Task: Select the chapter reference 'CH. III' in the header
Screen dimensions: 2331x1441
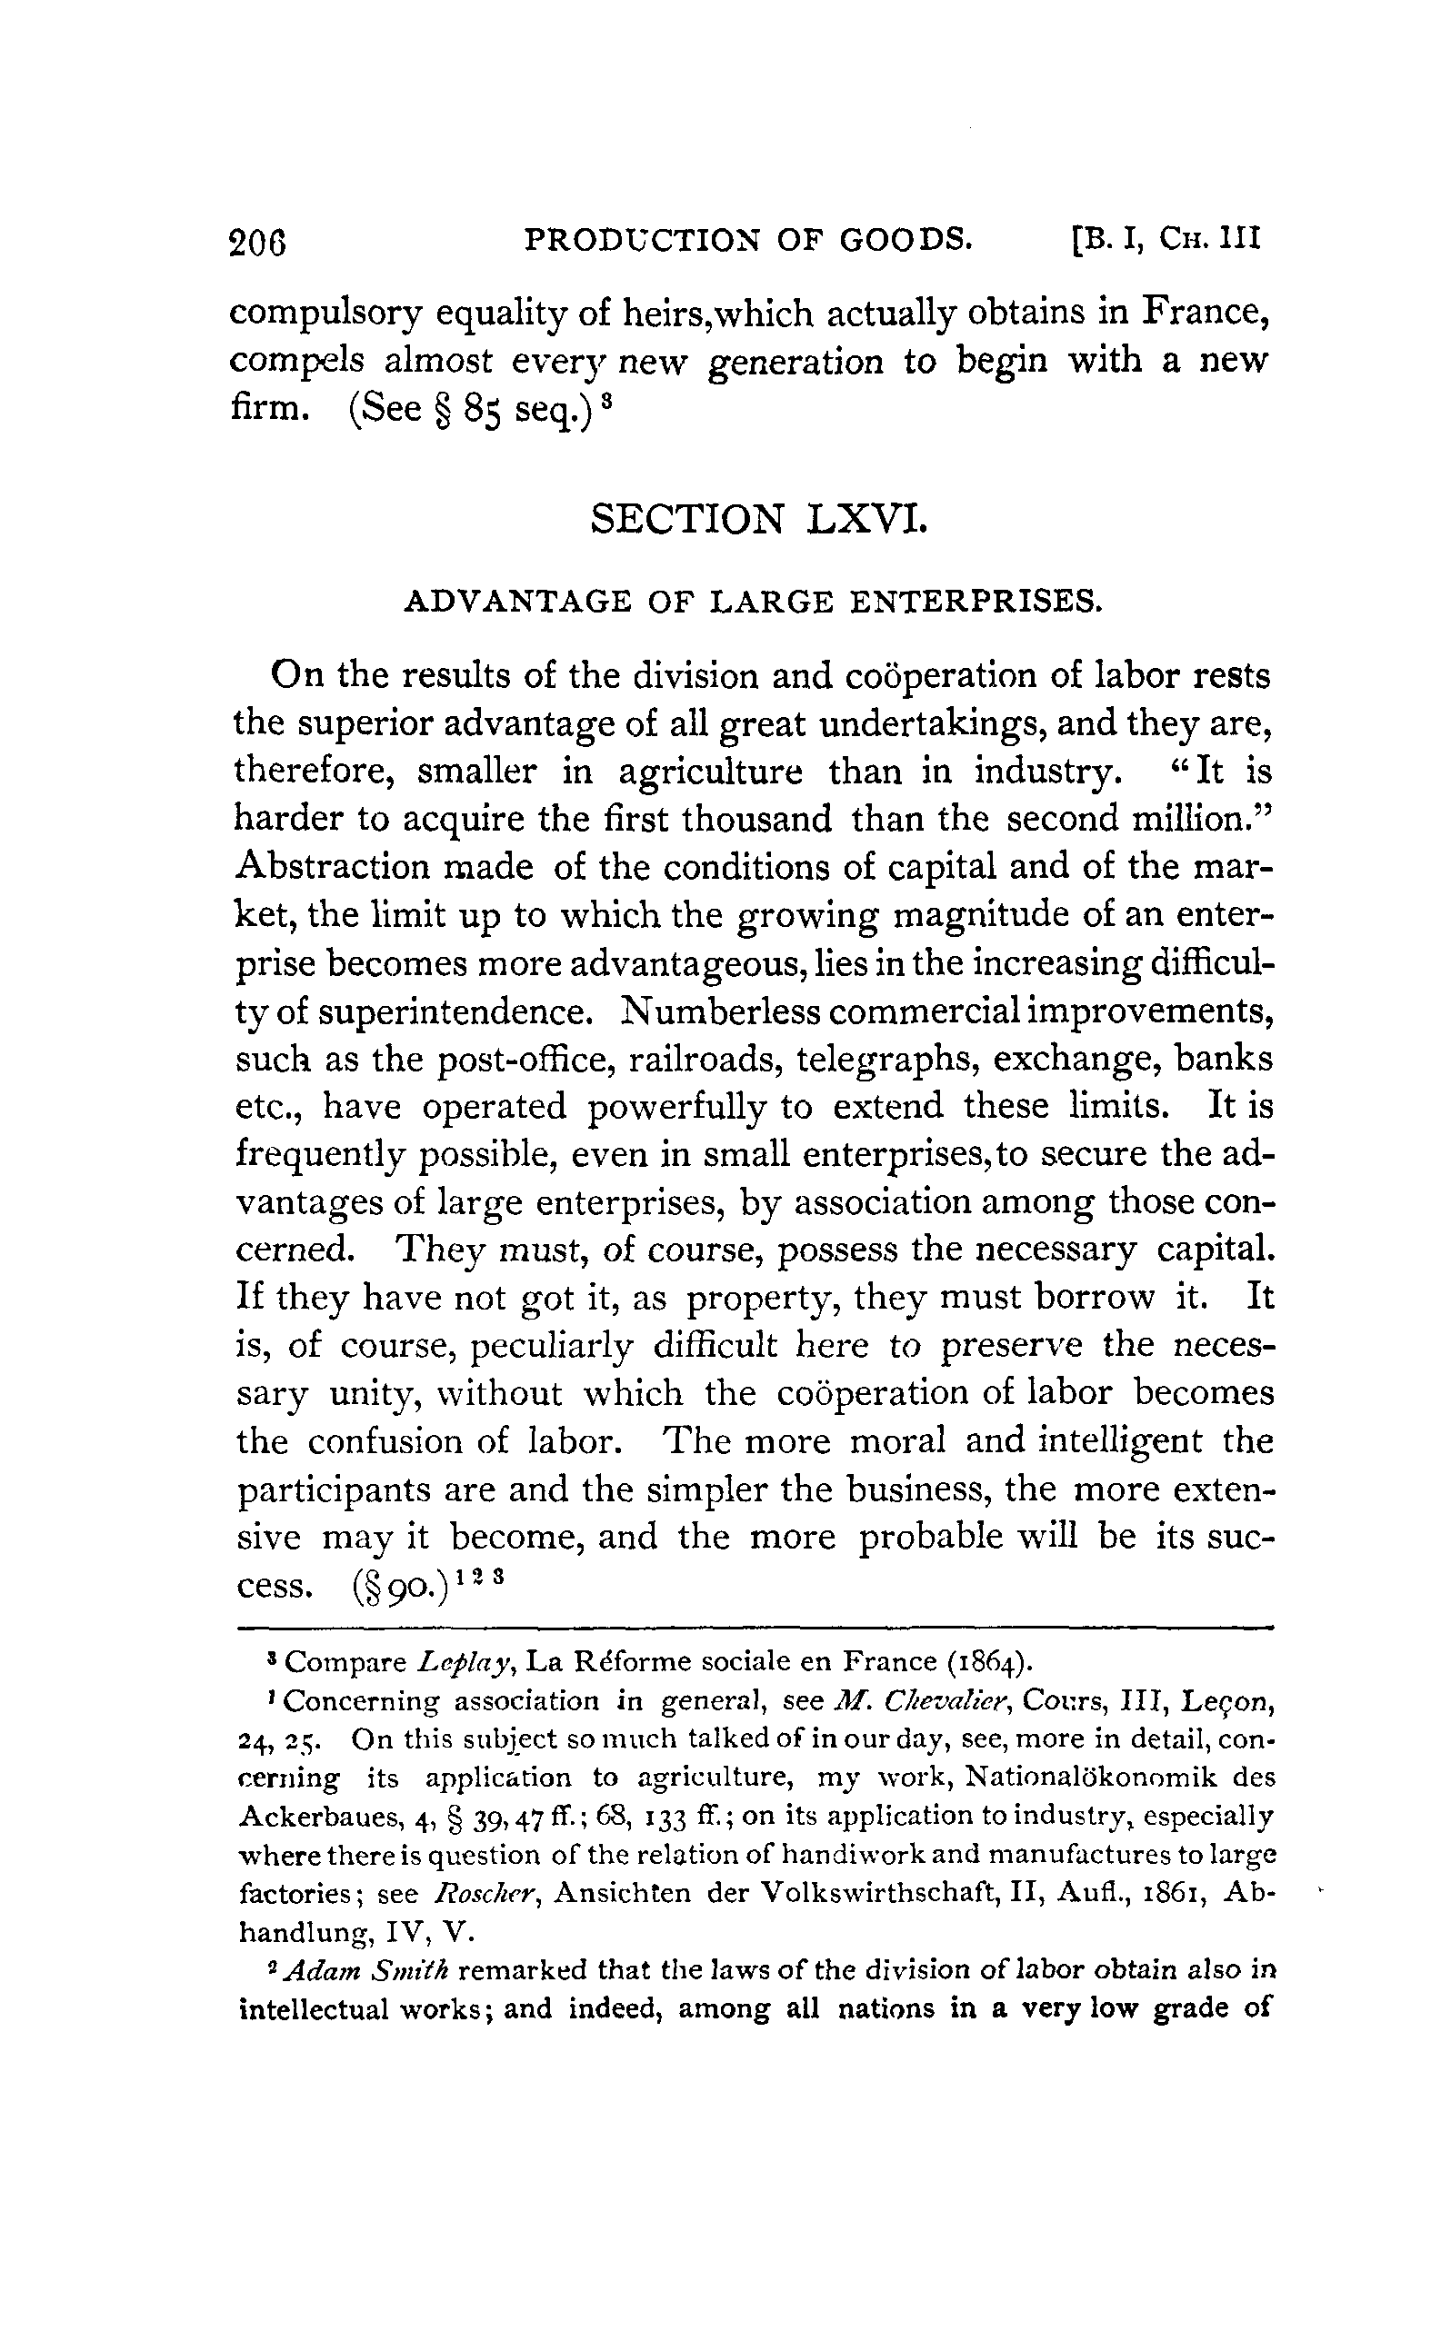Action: pyautogui.click(x=1210, y=239)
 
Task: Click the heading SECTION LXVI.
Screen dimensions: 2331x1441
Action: pyautogui.click(x=757, y=519)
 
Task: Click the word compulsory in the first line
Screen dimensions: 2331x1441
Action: pyautogui.click(x=325, y=314)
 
